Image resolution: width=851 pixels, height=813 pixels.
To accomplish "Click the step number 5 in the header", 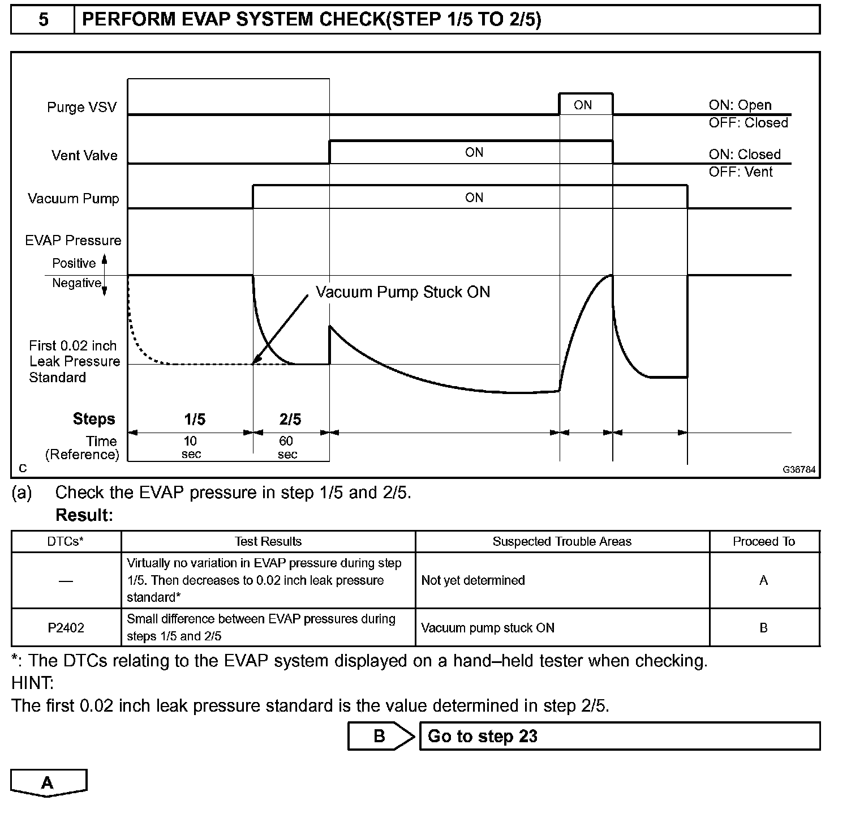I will (43, 20).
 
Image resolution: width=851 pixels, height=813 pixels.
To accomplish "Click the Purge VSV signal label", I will (81, 108).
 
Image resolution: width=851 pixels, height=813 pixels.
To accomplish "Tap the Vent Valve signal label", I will (84, 156).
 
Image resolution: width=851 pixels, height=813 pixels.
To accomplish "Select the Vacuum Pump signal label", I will (74, 199).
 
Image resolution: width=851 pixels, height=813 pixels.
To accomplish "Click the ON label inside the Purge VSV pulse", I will (582, 105).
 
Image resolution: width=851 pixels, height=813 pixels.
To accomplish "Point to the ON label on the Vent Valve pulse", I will (474, 152).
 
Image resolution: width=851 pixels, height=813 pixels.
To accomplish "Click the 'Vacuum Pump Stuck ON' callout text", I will (402, 292).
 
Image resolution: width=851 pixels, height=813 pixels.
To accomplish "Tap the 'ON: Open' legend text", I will (740, 105).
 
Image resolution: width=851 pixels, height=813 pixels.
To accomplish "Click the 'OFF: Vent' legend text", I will (740, 172).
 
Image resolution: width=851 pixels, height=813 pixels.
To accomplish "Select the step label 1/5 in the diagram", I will (195, 420).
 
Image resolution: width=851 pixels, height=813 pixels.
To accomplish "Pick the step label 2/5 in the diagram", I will (290, 420).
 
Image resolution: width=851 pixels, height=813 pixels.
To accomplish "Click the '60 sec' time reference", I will (287, 447).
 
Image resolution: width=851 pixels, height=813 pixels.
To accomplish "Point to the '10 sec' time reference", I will (191, 447).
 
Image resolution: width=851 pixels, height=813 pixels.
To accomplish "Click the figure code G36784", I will (799, 470).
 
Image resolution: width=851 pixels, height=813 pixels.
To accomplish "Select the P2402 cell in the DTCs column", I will (66, 628).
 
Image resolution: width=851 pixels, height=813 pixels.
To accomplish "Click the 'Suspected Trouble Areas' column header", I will (562, 542).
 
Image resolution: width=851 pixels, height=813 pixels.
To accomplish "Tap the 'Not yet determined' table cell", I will (473, 580).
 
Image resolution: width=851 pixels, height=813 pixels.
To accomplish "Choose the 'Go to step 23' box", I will (619, 736).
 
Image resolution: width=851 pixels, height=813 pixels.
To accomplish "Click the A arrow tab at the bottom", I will (48, 783).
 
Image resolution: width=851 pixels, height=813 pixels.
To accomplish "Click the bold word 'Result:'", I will (84, 515).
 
